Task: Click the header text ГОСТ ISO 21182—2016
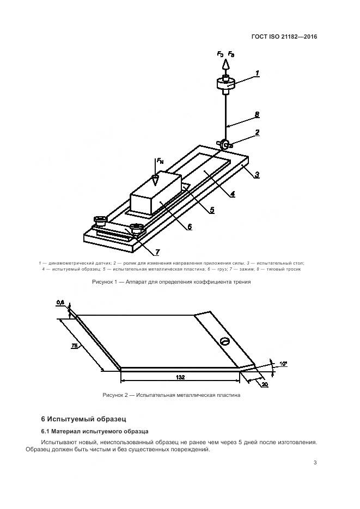coord(284,37)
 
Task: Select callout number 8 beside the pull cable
coord(257,115)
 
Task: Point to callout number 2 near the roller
coord(257,132)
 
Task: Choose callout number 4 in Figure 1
coord(232,193)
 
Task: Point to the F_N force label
coord(160,161)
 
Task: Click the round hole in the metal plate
coord(224,341)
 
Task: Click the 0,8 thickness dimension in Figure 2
coord(60,302)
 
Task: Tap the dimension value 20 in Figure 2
coord(265,385)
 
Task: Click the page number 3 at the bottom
coord(315,463)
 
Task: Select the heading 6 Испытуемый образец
coord(83,419)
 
